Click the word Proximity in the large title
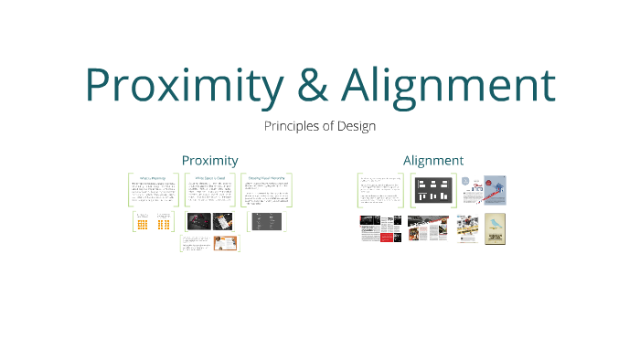click(183, 84)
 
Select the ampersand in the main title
click(312, 84)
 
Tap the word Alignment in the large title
click(448, 84)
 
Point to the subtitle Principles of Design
click(319, 126)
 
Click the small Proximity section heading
click(209, 160)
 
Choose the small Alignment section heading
click(432, 160)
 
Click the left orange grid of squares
click(143, 223)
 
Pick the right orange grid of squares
click(164, 223)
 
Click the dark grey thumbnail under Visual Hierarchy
click(266, 221)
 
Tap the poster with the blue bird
click(495, 229)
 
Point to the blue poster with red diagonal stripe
click(495, 191)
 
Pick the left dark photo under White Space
click(199, 221)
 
